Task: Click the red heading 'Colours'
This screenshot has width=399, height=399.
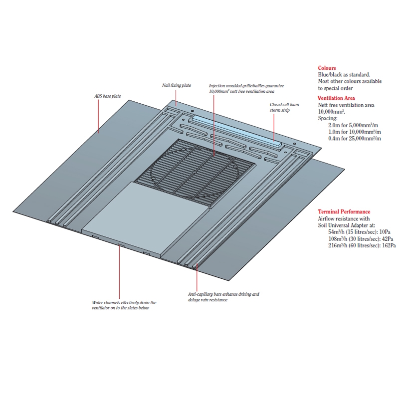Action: point(327,68)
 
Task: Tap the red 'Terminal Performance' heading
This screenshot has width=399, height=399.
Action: point(344,212)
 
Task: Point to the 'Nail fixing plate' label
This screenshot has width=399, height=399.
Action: point(177,86)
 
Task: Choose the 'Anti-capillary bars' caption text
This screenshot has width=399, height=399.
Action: point(223,297)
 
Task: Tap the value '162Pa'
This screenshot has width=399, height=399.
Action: point(387,245)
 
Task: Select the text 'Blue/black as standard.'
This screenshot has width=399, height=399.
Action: point(344,74)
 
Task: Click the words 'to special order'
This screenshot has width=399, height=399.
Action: point(337,87)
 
